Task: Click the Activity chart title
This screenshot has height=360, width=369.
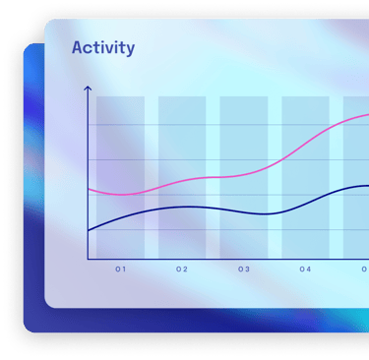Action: point(103,48)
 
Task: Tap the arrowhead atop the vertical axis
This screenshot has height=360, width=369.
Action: point(88,88)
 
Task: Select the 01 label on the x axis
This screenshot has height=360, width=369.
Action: point(120,270)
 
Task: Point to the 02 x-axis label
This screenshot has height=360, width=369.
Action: point(182,270)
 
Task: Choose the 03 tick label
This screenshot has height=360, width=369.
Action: point(244,270)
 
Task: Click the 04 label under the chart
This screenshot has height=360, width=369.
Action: point(305,270)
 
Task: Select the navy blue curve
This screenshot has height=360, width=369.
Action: point(229,210)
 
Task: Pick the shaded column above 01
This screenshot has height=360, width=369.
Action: point(120,177)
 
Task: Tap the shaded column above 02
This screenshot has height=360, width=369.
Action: point(182,177)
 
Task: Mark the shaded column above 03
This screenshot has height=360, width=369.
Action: point(244,177)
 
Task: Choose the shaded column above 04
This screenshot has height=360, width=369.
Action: point(305,177)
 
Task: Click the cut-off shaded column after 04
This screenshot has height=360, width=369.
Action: point(356,177)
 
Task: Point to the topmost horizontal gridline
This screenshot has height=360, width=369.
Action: point(228,125)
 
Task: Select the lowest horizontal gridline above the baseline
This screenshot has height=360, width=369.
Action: point(228,229)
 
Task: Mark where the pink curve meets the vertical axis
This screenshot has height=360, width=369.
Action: point(88,189)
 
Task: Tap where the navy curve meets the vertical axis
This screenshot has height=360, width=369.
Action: point(88,231)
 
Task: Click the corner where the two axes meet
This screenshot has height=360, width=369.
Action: point(88,259)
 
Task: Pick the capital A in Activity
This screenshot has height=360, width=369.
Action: point(78,48)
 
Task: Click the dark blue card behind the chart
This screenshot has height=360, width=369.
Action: point(33,197)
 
